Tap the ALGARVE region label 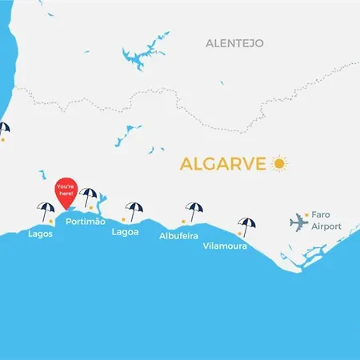[223, 164]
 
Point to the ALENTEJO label [234, 42]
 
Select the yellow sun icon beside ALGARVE [279, 163]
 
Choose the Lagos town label [40, 234]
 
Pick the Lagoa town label [126, 233]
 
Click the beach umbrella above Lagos [45, 210]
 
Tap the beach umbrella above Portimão [89, 196]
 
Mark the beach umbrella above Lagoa [134, 210]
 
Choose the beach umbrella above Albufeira [194, 210]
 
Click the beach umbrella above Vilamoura [244, 226]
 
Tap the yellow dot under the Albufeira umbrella [184, 221]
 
